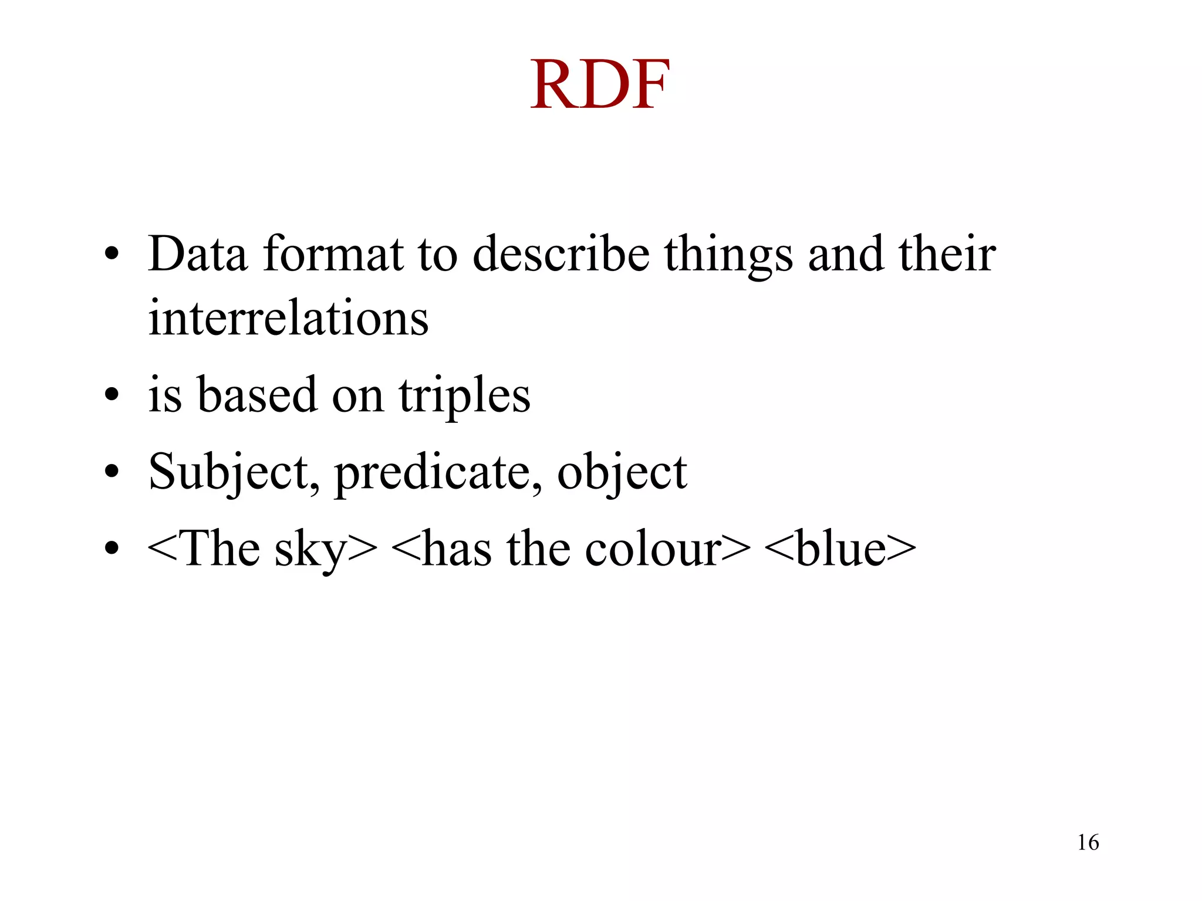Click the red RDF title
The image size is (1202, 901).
[x=600, y=85]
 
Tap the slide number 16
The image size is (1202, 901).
[x=1088, y=842]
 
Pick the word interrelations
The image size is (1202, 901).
[x=288, y=318]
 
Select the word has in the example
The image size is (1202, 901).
[x=457, y=550]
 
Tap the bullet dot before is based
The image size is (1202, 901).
[x=112, y=394]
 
